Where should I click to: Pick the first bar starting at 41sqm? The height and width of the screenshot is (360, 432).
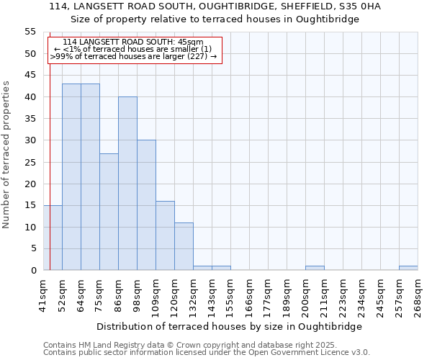coord(53,238)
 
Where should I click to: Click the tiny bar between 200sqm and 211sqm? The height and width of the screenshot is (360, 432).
coord(315,268)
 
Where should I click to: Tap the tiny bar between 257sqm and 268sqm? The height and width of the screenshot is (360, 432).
coord(408,268)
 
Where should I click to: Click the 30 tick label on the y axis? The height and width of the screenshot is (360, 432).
coord(30,140)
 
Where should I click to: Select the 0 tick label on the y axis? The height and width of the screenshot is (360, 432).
coord(33,271)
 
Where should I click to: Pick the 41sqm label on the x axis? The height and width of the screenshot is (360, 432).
coord(43,296)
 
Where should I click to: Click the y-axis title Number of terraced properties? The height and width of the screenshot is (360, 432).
coord(6,154)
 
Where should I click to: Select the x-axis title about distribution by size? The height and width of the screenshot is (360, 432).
coord(228,326)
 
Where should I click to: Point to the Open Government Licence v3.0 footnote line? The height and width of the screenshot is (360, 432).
coord(207,352)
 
